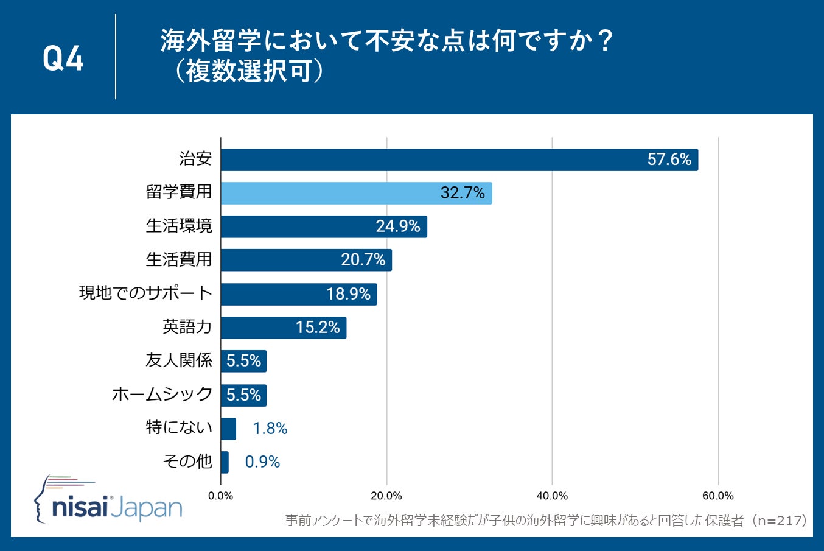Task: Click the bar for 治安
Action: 459,160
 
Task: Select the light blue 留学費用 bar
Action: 356,193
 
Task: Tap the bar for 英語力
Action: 283,328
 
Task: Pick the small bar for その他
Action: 225,462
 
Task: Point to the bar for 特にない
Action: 228,429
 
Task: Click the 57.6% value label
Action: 669,160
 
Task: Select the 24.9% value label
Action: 398,226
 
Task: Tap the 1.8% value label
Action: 270,429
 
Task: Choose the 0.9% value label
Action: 262,462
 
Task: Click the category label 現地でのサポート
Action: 145,293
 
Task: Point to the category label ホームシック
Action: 162,395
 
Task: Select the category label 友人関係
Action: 178,360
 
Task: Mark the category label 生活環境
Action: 178,226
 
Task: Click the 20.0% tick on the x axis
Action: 386,496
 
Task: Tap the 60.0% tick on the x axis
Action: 718,496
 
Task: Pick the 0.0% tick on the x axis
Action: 220,496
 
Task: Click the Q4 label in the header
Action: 63,58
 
